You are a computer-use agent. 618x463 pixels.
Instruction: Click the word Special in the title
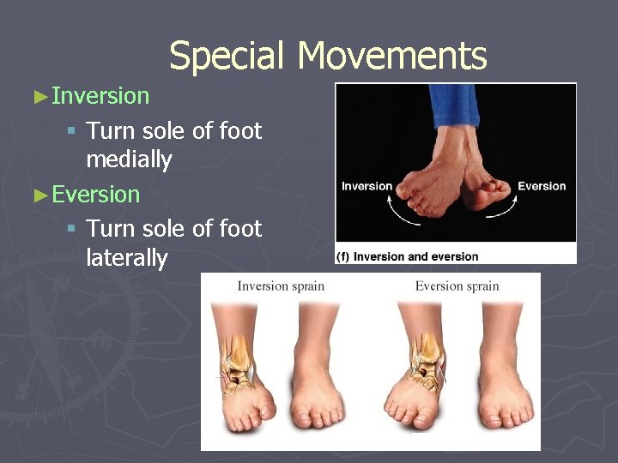[228, 57]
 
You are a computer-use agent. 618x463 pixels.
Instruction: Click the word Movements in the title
[392, 57]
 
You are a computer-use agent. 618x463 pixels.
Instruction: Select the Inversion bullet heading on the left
[100, 96]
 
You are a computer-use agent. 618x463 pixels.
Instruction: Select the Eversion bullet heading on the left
[95, 195]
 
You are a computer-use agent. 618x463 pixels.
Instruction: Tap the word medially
[129, 159]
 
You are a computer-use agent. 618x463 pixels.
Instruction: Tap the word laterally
[127, 258]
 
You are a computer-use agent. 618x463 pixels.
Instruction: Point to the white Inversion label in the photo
[367, 187]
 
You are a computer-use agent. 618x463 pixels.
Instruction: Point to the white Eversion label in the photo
[542, 186]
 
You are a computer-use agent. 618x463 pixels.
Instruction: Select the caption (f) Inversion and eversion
[409, 256]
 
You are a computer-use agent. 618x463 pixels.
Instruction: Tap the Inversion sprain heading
[281, 286]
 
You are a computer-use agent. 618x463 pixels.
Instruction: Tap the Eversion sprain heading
[457, 286]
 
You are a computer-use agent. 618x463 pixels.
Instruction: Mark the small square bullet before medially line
[73, 131]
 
